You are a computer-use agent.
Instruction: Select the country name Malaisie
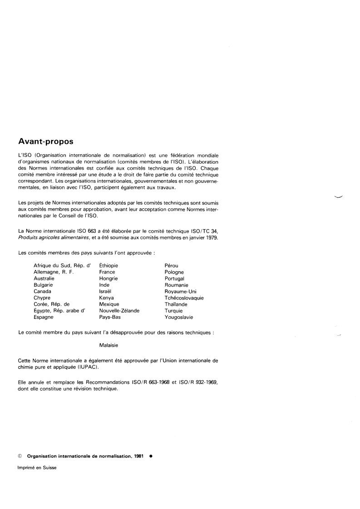(108, 345)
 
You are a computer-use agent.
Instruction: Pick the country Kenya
(106, 298)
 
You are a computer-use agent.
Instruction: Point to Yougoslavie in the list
(179, 318)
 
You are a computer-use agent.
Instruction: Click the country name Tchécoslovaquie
(184, 298)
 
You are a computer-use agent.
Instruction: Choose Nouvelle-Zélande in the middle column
(119, 311)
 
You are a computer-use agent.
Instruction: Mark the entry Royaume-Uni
(180, 291)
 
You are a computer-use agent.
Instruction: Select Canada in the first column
(42, 291)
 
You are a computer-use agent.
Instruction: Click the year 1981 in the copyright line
(139, 457)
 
